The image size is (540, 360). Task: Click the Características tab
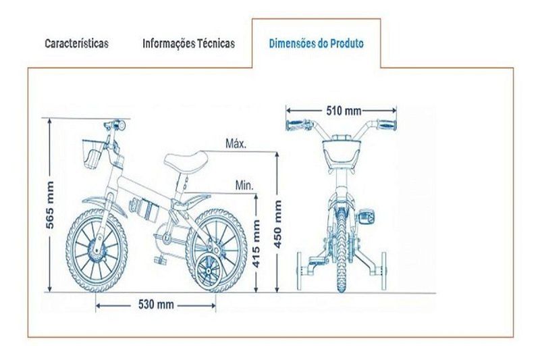tap(76, 43)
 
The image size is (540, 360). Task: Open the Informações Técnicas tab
tap(189, 43)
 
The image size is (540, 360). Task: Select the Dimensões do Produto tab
tap(316, 44)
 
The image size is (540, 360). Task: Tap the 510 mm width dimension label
tap(344, 111)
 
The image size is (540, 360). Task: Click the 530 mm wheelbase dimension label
tap(156, 305)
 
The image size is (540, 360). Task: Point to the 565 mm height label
tap(50, 205)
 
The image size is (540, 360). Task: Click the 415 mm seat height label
tap(256, 244)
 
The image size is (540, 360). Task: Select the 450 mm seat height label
tap(277, 224)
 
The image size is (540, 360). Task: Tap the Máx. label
tap(236, 143)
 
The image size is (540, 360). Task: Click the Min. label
tap(244, 186)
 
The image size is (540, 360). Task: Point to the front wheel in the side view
tap(97, 251)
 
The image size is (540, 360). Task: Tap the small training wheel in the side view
tap(209, 271)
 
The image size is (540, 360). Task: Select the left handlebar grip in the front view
tap(296, 125)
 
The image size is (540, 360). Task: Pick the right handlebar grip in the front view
tap(387, 125)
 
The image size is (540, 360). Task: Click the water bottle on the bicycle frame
tap(144, 210)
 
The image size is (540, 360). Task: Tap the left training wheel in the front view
tap(299, 271)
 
